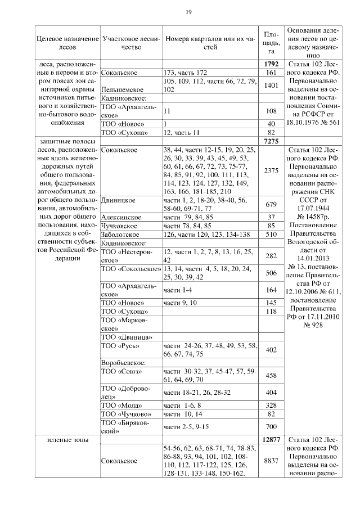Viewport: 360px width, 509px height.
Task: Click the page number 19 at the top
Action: (x=190, y=12)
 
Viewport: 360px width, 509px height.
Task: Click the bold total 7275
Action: (x=270, y=141)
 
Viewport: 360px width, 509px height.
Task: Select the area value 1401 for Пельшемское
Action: (x=270, y=85)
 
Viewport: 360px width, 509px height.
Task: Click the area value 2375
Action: (x=270, y=171)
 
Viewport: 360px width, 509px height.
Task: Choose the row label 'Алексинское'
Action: (x=120, y=217)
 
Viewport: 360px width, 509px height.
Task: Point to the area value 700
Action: (x=270, y=426)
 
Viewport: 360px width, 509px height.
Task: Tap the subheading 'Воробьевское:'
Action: (x=123, y=362)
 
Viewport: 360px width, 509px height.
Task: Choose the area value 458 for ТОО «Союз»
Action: (x=270, y=375)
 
